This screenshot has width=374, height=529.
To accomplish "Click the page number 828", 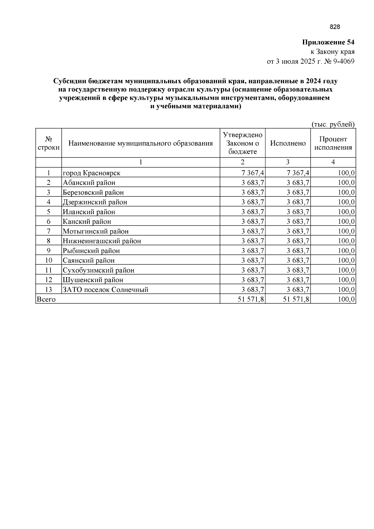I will [335, 27].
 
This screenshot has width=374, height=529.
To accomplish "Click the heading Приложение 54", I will [328, 42].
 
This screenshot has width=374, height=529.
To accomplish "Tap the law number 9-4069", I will [344, 61].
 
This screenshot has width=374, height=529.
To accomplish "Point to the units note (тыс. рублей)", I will [333, 124].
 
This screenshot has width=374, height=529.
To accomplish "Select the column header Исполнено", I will [288, 143].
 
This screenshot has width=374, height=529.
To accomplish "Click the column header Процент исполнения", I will [333, 143].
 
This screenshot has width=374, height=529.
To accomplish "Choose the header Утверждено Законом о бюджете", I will [243, 143].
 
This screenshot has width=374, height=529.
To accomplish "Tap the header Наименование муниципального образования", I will [141, 143].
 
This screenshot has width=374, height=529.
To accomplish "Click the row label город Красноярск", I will [92, 173].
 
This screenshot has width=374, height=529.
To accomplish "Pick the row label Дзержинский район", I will [95, 202].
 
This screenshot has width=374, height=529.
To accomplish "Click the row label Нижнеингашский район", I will [102, 241].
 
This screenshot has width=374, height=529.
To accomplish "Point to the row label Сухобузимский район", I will [98, 270].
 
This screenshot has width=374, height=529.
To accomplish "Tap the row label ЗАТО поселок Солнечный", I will [106, 290].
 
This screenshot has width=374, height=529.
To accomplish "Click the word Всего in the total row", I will [46, 299].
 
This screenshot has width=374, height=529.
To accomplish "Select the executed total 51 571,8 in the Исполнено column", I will [296, 299].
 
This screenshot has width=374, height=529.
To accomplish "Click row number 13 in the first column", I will [49, 290].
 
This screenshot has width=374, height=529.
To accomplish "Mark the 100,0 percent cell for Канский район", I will [346, 222].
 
